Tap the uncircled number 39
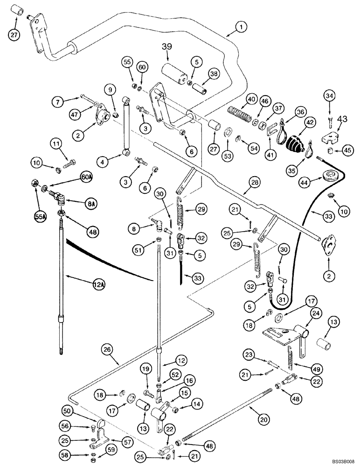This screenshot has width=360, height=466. (x=167, y=47)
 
